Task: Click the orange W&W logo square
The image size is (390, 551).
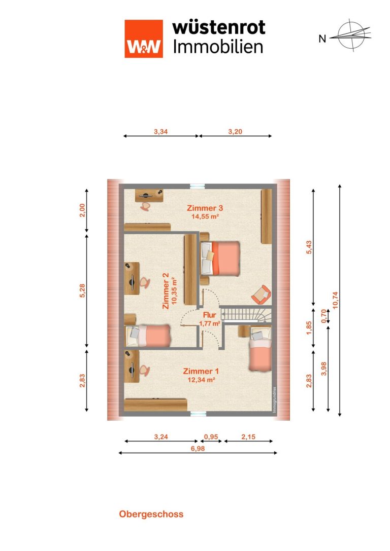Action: tap(144, 39)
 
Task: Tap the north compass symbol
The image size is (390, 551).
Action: tap(350, 35)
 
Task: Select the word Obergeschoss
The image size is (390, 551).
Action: tap(151, 514)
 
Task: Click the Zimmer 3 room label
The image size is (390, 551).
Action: tap(205, 208)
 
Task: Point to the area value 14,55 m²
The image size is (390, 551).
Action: tap(205, 216)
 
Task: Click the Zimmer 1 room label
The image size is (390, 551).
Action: tap(201, 371)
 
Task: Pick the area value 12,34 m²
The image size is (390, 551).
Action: tap(201, 380)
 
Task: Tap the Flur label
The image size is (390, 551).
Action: tap(209, 315)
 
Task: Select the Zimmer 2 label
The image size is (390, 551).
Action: tap(166, 291)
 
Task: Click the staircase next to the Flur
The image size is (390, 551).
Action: tap(246, 313)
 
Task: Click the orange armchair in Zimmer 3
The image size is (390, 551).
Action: tap(261, 295)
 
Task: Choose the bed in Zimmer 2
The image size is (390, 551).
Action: tap(148, 336)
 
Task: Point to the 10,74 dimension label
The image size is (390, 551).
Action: tap(335, 301)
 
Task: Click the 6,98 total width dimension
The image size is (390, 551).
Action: tap(198, 449)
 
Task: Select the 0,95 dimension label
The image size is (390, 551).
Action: tap(211, 437)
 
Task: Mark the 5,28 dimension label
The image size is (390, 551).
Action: tap(82, 290)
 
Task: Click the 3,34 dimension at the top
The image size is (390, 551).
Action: tap(160, 132)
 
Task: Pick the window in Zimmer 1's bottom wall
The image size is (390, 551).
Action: tap(198, 414)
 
